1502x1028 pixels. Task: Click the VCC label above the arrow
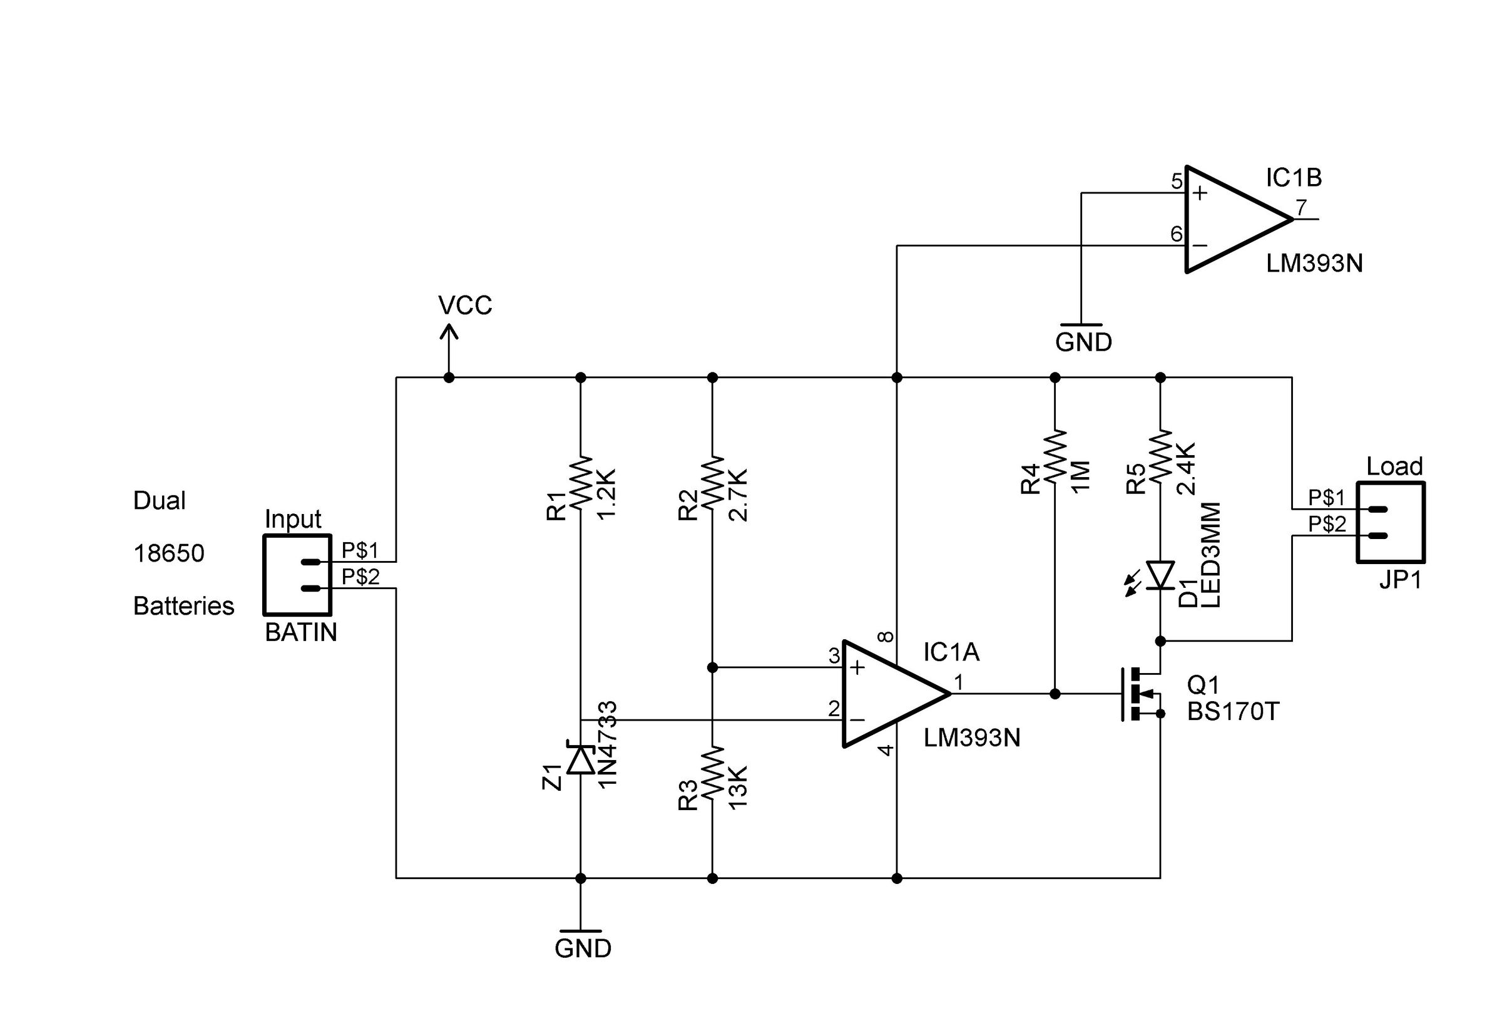point(465,305)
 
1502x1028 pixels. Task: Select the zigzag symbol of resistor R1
point(580,481)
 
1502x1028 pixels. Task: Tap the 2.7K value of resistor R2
point(737,495)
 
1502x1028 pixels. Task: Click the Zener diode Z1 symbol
point(580,759)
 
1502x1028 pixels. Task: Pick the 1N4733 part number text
point(608,744)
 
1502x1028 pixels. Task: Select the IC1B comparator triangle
point(1231,219)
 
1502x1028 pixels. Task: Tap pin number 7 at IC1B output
point(1301,207)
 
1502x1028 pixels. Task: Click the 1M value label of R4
point(1080,476)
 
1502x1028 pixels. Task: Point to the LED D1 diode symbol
point(1160,575)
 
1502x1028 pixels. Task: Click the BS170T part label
point(1233,712)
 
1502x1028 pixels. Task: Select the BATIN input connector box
point(297,575)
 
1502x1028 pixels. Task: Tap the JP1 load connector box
point(1389,522)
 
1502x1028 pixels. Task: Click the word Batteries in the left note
point(183,606)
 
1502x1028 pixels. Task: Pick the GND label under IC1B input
point(1083,341)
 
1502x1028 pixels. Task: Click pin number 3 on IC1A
point(834,655)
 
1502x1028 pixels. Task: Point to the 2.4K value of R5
point(1186,469)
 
